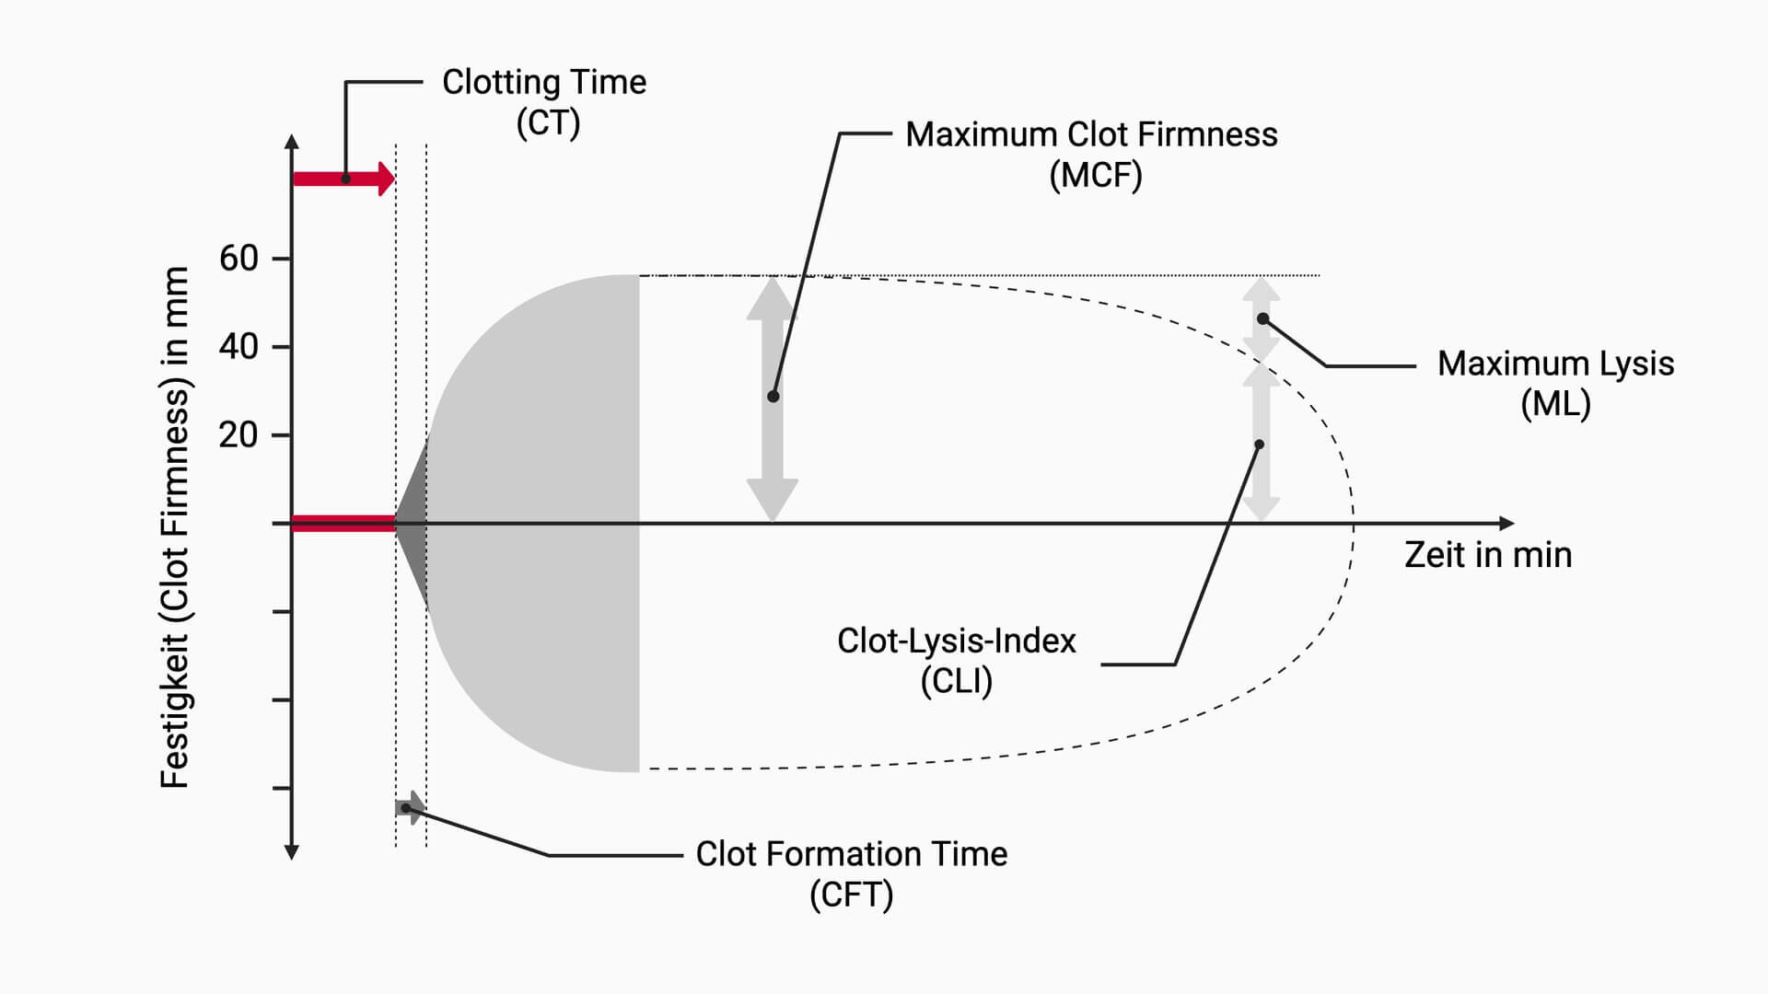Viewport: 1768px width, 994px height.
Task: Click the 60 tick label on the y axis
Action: [x=238, y=259]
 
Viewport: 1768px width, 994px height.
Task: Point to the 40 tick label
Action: [x=238, y=347]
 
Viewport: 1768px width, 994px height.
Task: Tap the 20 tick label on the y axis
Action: [x=238, y=434]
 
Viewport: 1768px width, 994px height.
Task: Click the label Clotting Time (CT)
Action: [x=544, y=101]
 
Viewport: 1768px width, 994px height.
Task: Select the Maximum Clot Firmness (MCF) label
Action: [x=1092, y=154]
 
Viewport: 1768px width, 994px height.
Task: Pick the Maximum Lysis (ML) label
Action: [x=1555, y=383]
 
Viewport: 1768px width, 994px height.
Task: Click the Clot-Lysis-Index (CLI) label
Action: [x=956, y=660]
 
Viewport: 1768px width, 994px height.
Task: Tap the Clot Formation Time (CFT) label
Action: [x=851, y=873]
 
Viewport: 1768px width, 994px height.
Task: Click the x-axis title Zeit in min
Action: [x=1488, y=555]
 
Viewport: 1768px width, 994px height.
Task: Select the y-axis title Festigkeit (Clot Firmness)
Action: [x=175, y=526]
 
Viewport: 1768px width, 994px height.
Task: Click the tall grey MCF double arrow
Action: [x=772, y=399]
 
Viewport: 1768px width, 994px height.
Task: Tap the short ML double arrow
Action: [x=1261, y=318]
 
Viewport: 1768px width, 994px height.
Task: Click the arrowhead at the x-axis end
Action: [x=1506, y=524]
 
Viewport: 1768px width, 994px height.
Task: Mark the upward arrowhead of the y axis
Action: [x=292, y=142]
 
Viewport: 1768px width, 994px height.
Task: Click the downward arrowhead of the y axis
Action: [x=292, y=853]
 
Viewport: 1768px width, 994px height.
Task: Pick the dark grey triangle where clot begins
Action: [x=413, y=524]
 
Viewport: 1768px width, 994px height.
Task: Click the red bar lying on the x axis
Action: [x=343, y=524]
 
